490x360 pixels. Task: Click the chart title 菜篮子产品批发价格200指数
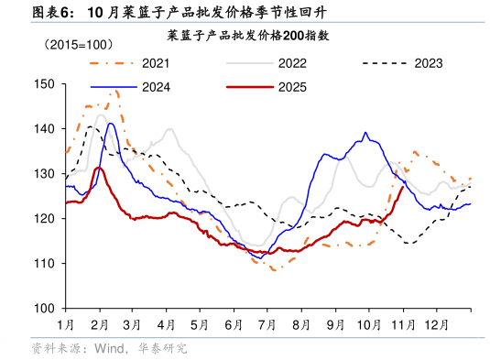247,36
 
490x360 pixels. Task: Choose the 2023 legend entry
428,63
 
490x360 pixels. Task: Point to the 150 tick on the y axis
44,83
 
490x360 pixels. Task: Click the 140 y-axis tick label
44,128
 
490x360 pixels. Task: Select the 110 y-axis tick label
44,263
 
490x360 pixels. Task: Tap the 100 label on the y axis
44,308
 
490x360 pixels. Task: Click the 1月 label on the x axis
66,324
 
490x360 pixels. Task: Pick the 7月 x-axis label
268,324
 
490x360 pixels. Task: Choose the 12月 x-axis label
437,324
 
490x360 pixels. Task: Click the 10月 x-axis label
369,324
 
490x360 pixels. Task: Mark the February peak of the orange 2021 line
114,91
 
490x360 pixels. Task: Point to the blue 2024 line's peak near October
365,134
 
